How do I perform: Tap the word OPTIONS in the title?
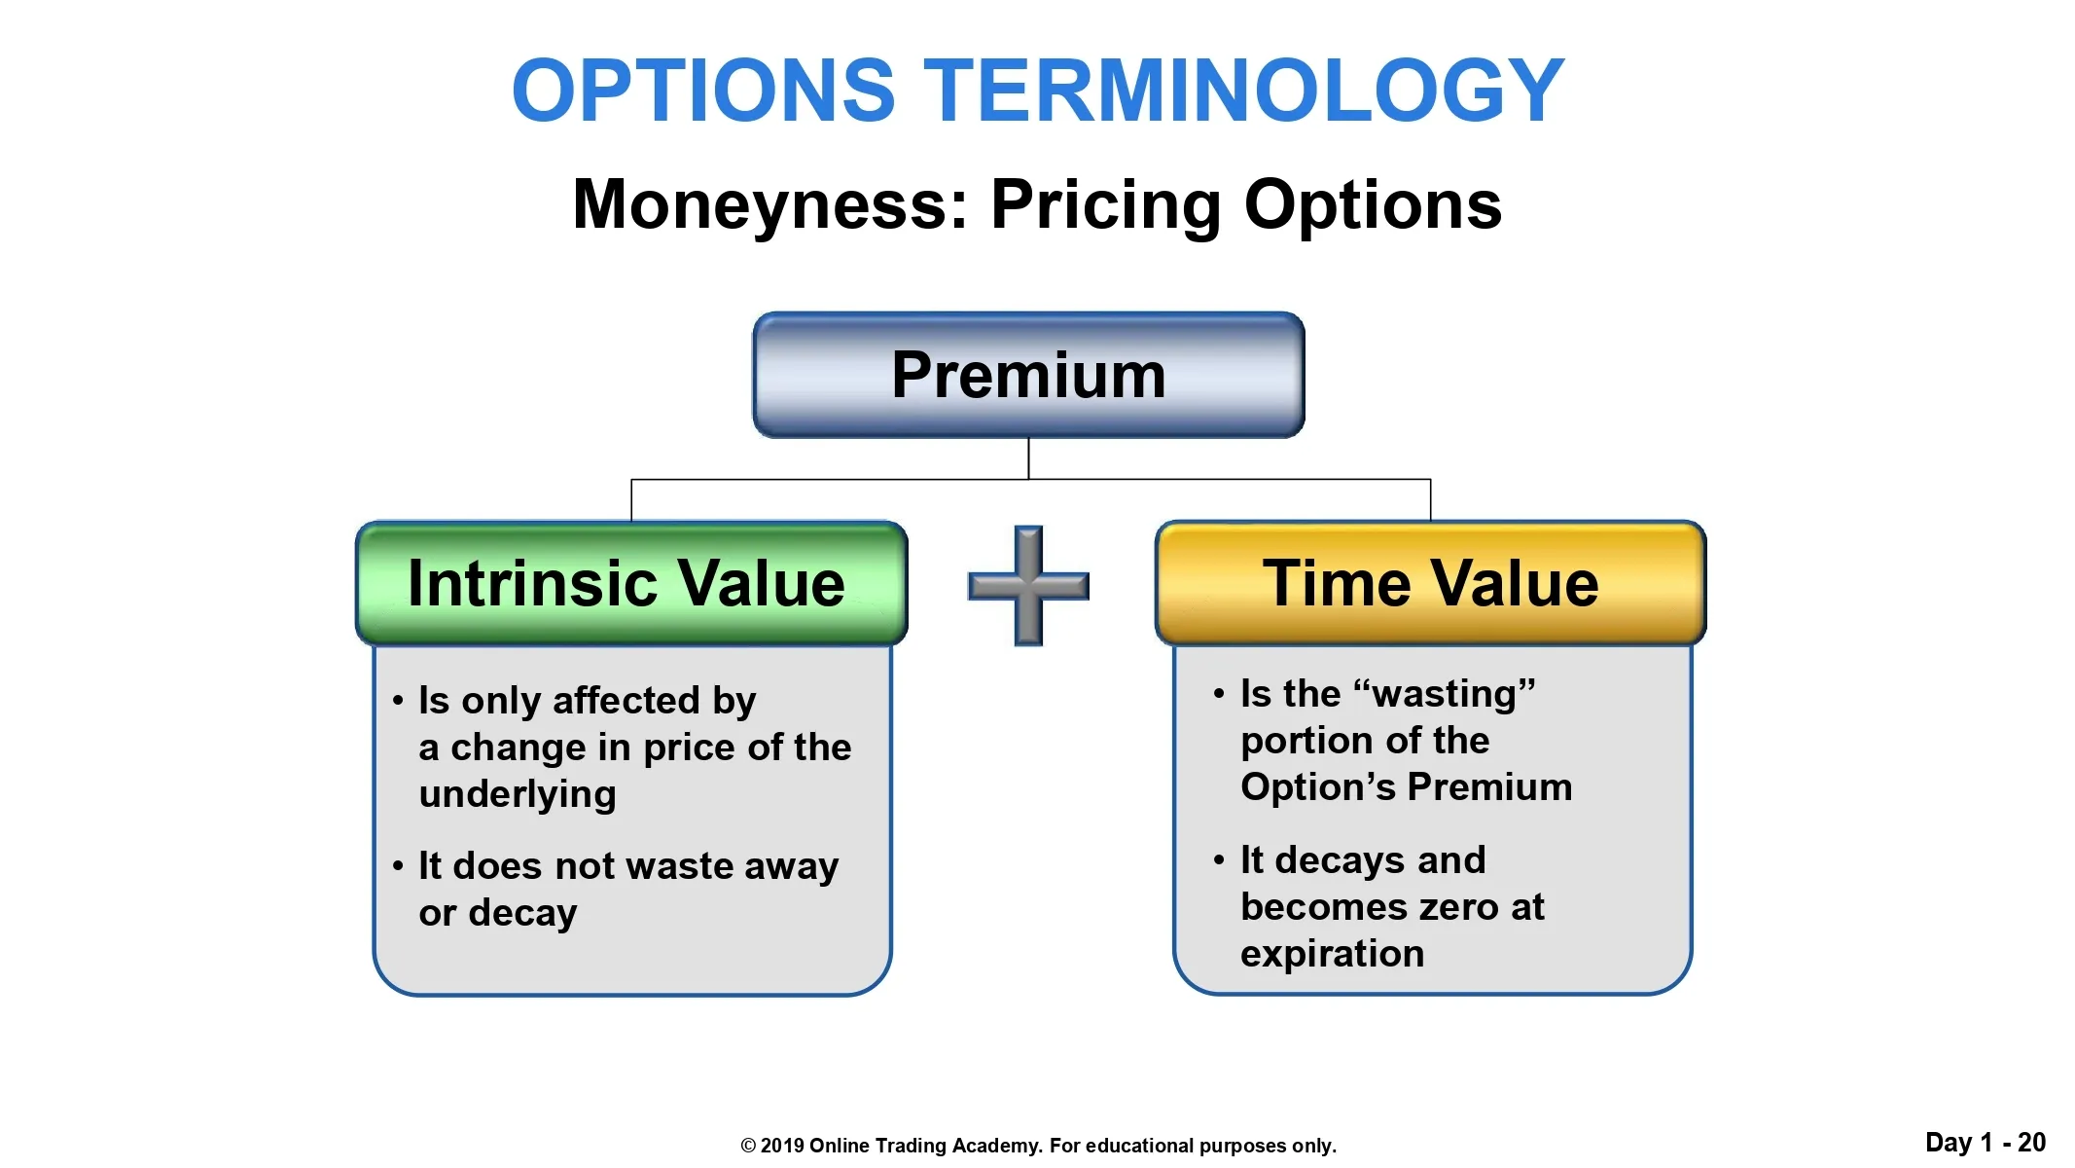(x=703, y=91)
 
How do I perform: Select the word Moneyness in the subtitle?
(x=770, y=205)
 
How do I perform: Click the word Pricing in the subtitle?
(x=1106, y=205)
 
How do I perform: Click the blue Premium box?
(x=1028, y=375)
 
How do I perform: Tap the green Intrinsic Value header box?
(x=631, y=583)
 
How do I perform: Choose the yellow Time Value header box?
(x=1430, y=583)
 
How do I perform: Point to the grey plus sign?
(x=1028, y=586)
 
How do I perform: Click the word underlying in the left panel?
(x=518, y=795)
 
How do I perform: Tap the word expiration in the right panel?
(x=1332, y=954)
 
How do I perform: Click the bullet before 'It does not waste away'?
(x=398, y=865)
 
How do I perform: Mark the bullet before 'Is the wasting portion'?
(x=1219, y=693)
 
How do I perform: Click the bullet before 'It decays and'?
(x=1219, y=859)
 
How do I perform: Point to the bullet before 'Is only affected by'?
(x=398, y=700)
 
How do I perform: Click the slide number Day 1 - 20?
(x=1986, y=1143)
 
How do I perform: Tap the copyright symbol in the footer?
(x=748, y=1146)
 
